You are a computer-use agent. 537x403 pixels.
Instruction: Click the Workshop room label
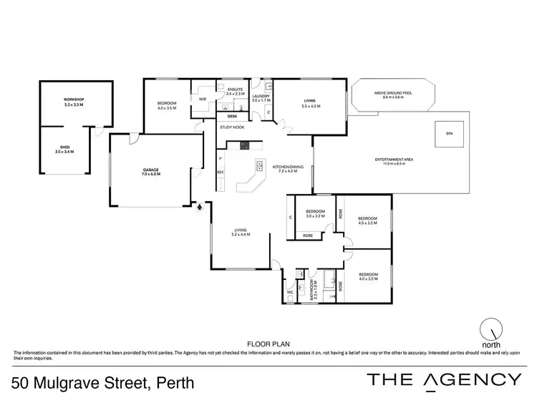coord(74,102)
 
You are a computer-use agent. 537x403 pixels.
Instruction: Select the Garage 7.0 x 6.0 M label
coord(150,171)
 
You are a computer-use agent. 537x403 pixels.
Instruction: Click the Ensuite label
coord(236,92)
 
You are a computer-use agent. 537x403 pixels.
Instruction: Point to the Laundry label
coord(261,98)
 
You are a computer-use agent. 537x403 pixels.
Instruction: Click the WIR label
coord(203,99)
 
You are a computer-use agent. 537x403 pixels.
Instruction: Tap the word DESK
coord(232,115)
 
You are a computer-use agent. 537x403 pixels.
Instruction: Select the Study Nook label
coord(232,127)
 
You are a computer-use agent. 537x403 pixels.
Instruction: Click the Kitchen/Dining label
coord(289,169)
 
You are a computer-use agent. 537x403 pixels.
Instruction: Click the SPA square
coord(450,134)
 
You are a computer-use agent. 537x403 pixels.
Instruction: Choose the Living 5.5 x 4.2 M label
coord(311,103)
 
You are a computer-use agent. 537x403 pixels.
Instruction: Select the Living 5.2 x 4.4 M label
coord(240,232)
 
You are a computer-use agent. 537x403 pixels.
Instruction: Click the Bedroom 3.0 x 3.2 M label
coord(316,214)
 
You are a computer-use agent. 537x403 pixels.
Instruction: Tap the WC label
coord(289,292)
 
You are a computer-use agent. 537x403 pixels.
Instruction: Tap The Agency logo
coord(443,380)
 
